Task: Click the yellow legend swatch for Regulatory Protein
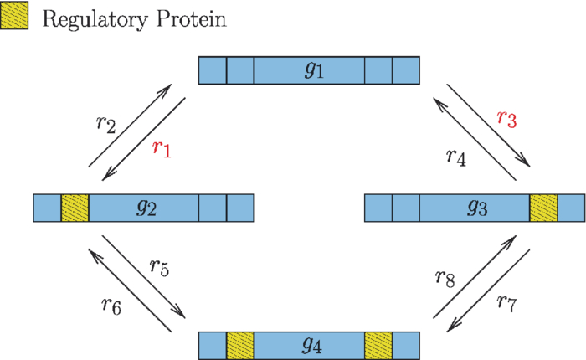[x=15, y=18]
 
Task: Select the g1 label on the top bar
[x=311, y=70]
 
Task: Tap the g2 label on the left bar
[x=146, y=208]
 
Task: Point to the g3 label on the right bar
[x=476, y=208]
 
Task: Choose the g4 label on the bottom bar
[x=311, y=345]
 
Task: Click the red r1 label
[x=162, y=150]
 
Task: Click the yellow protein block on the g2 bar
[x=75, y=208]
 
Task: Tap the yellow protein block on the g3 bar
[x=543, y=208]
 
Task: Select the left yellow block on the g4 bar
[x=240, y=345]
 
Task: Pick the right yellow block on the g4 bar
[x=378, y=345]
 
